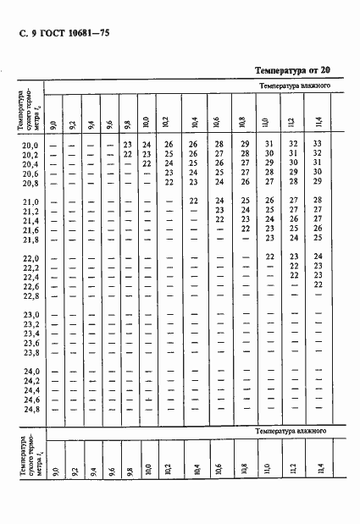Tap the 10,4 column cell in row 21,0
pyautogui.click(x=193, y=200)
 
